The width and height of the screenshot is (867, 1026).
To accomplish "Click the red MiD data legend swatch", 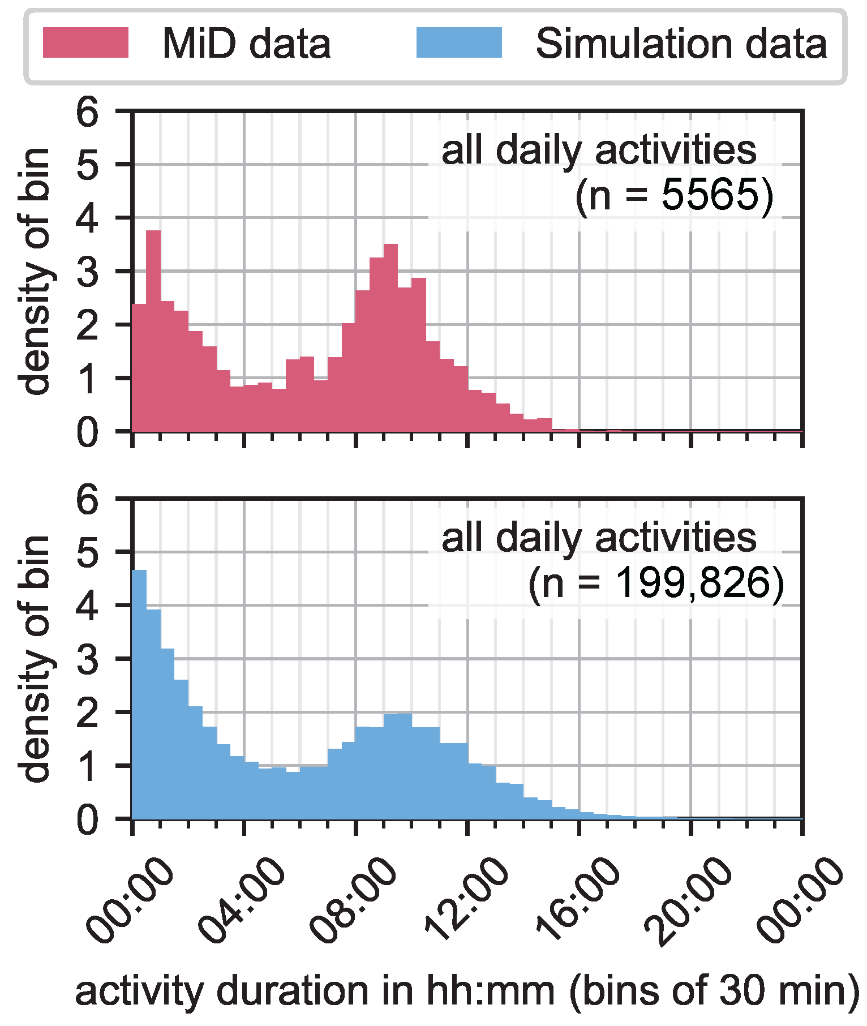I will click(x=85, y=42).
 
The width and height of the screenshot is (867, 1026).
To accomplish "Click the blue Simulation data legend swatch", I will click(x=459, y=42).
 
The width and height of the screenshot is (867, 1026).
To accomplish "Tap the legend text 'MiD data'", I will click(x=246, y=44).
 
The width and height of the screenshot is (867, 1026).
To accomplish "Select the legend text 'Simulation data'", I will click(x=681, y=44).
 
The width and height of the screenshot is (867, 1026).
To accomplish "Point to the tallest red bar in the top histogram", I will click(x=153, y=331).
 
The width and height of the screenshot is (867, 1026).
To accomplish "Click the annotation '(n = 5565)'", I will click(x=673, y=195).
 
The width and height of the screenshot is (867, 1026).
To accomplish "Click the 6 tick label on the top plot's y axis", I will click(x=88, y=111).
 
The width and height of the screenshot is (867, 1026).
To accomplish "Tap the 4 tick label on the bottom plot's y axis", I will click(x=88, y=606).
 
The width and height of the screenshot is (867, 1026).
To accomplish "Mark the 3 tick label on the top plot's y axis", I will click(x=88, y=272).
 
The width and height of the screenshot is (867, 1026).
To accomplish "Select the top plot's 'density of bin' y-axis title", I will click(x=35, y=272).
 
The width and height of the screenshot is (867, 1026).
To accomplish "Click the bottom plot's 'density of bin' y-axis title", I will click(x=35, y=659).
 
